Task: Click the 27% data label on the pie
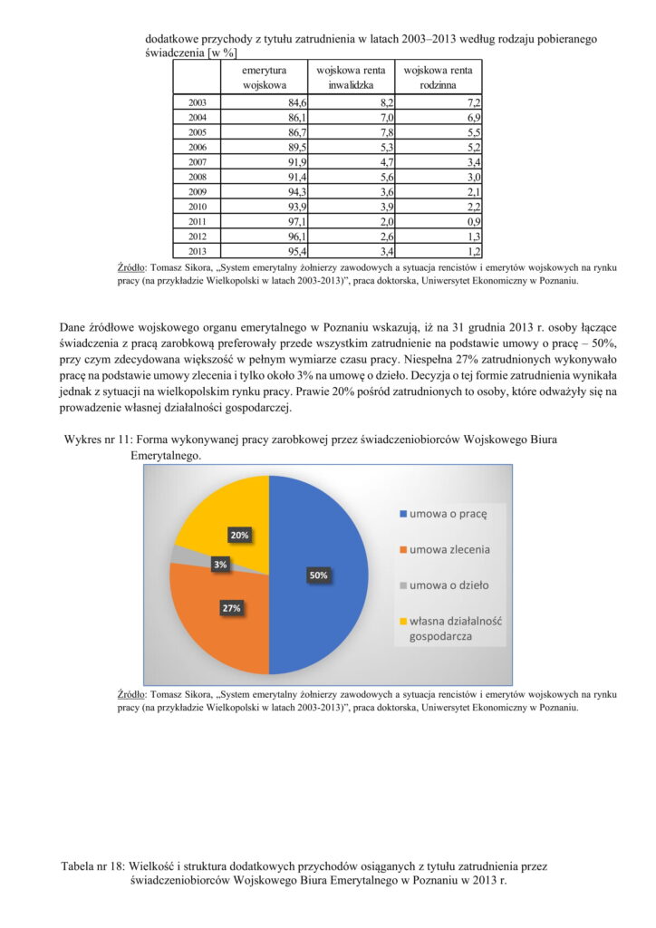(x=231, y=608)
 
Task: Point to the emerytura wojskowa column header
(x=264, y=77)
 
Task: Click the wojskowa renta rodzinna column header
(x=438, y=77)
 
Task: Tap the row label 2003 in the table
(x=197, y=103)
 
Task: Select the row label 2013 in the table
(x=197, y=251)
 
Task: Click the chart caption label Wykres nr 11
(x=97, y=440)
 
